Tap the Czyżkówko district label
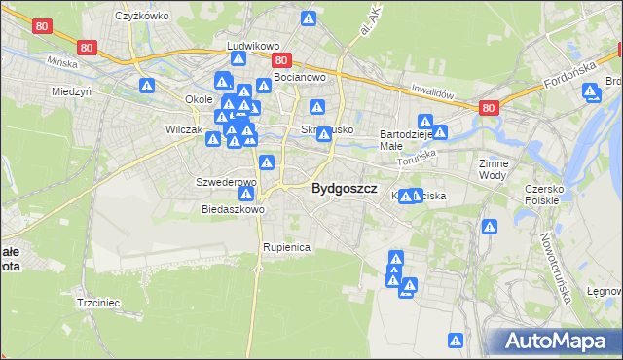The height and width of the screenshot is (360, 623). [137, 16]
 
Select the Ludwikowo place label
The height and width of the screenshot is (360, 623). [253, 46]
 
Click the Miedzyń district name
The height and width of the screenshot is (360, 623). [70, 91]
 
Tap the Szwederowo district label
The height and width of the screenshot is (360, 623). [226, 182]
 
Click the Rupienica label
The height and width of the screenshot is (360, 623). [285, 247]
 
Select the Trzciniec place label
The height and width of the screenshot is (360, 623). [97, 303]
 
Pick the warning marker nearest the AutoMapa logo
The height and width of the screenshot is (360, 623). [455, 341]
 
